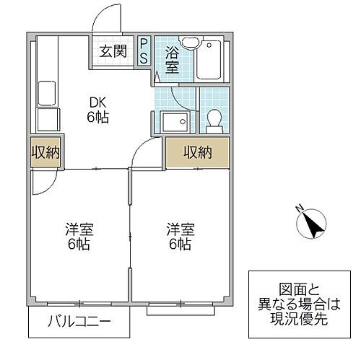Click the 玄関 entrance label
113,51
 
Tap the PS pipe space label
144,51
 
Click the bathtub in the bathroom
211,61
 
